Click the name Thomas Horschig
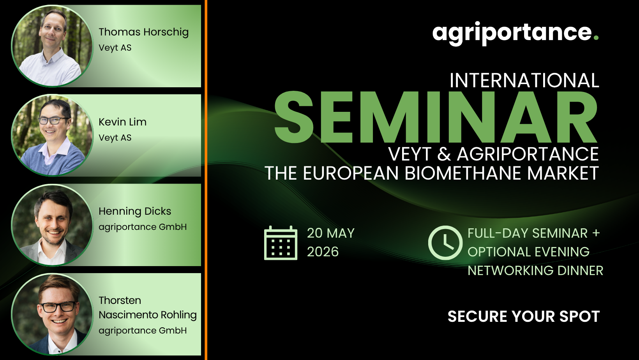point(143,32)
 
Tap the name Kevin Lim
point(122,122)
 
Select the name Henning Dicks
point(135,211)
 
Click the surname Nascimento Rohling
point(148,315)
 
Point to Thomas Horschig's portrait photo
point(52,46)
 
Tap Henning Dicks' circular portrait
point(52,225)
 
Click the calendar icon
point(281,243)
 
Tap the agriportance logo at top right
point(515,34)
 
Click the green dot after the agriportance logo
point(596,37)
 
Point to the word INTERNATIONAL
point(524,80)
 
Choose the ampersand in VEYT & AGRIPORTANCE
point(444,154)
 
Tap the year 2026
point(323,252)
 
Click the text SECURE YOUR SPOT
point(524,316)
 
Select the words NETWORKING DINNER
point(535,270)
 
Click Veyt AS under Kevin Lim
point(115,138)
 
